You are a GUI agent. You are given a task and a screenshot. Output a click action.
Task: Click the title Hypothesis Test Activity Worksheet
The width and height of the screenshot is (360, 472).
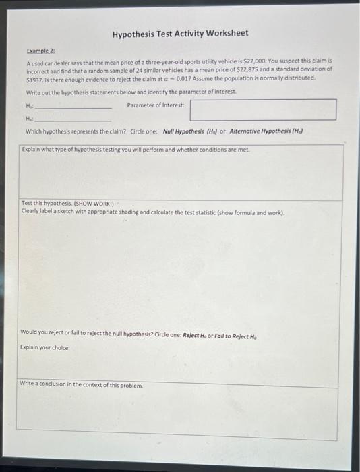click(x=180, y=33)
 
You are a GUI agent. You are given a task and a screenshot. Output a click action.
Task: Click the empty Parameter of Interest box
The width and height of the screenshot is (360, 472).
click(x=263, y=110)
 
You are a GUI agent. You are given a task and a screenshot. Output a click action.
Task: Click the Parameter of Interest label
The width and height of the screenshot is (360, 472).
click(x=156, y=105)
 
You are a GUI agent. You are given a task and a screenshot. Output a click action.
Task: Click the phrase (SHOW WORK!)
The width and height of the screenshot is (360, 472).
click(x=92, y=203)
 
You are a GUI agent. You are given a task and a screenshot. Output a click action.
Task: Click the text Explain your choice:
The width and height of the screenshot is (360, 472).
click(x=44, y=347)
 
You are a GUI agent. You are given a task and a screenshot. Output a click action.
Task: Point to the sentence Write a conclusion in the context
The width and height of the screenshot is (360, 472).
click(x=82, y=386)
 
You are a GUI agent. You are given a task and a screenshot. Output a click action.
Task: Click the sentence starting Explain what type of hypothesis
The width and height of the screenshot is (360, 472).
click(x=135, y=150)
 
